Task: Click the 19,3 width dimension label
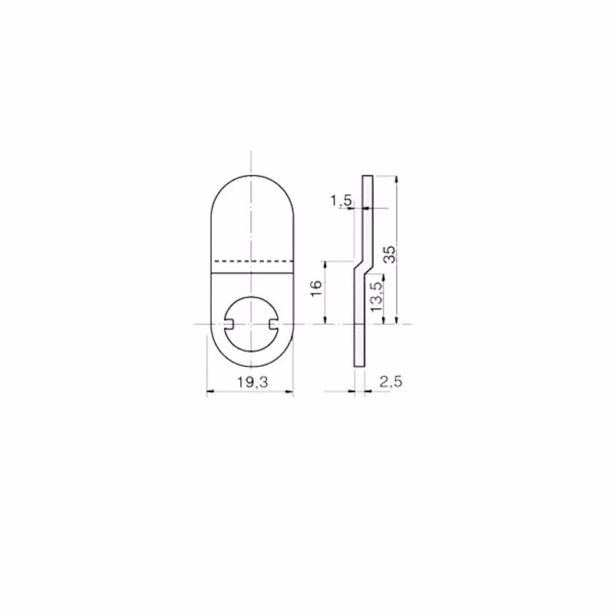coord(253,382)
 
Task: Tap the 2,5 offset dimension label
coord(391,381)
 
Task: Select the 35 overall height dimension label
coord(390,255)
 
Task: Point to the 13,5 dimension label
coord(377,297)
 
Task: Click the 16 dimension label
coord(316,289)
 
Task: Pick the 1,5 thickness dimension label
coord(342,201)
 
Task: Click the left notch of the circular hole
coord(229,324)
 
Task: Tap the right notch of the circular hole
coord(273,324)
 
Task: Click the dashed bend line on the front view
coord(253,261)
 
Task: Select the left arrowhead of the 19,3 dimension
coord(210,391)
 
